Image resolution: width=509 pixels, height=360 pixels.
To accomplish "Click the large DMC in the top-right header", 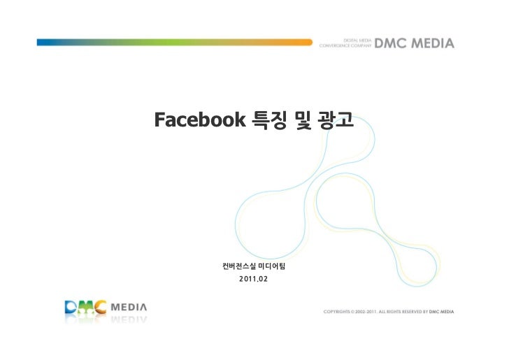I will [x=394, y=43].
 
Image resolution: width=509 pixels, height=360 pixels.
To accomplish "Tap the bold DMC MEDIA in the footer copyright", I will [x=442, y=311].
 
